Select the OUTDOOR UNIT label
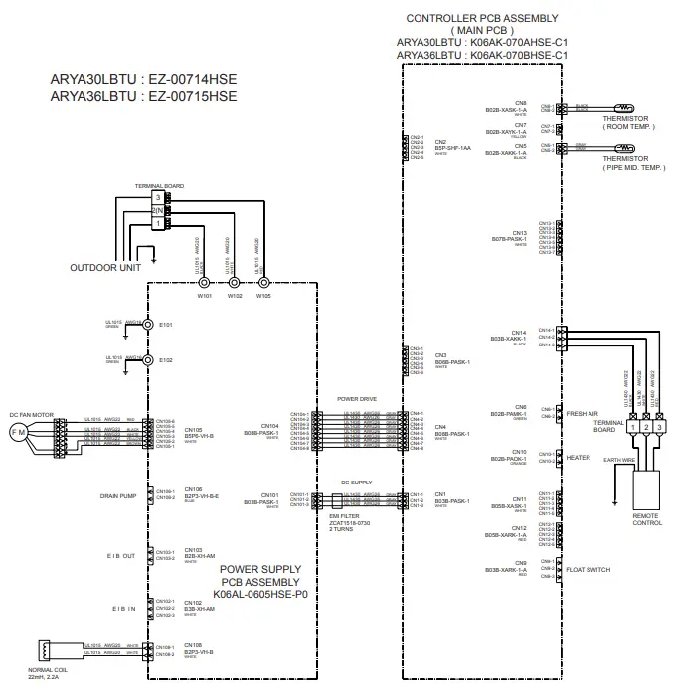point(102,267)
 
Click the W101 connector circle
point(204,282)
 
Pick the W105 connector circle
point(262,282)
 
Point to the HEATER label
point(580,458)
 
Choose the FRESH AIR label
point(583,413)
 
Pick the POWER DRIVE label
point(357,399)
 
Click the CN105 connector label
point(194,429)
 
